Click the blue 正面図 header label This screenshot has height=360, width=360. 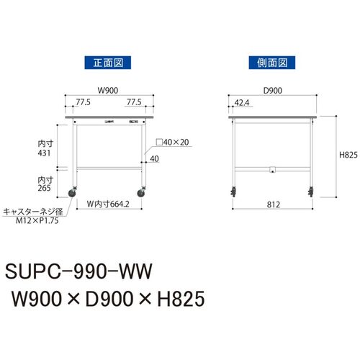tap(108, 63)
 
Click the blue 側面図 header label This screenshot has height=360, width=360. tap(272, 63)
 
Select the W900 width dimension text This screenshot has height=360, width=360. tap(108, 91)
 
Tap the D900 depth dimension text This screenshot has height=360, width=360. tap(273, 91)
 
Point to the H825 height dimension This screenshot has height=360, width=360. tap(348, 155)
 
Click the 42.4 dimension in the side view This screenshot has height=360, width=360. tap(242, 103)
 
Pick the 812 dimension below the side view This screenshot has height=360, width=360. tap(274, 204)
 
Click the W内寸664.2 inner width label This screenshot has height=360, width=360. tap(108, 204)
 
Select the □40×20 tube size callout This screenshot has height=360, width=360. tap(172, 142)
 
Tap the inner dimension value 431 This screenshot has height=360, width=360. tap(44, 153)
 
